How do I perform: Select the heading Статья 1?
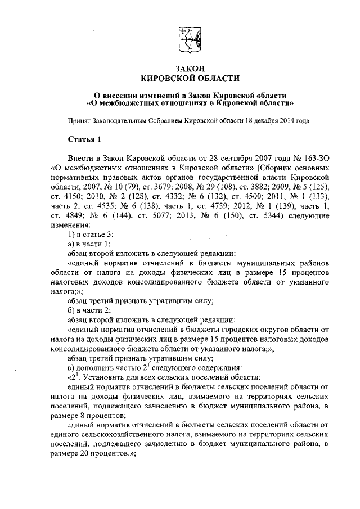click(84, 139)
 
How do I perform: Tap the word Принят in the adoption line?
click(79, 120)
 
